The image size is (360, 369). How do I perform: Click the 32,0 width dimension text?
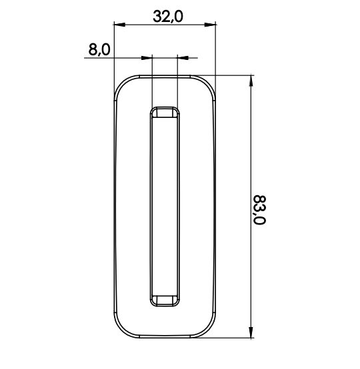168,17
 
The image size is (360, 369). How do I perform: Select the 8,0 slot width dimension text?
99,50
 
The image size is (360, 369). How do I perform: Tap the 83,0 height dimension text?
259,210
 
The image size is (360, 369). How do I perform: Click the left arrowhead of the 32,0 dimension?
119,25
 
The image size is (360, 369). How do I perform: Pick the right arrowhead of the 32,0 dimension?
210,25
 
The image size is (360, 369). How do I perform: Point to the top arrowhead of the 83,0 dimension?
251,81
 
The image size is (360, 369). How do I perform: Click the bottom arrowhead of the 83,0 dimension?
251,332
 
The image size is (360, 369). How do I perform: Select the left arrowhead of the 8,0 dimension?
147,58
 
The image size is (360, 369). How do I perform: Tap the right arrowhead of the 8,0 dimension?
183,58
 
